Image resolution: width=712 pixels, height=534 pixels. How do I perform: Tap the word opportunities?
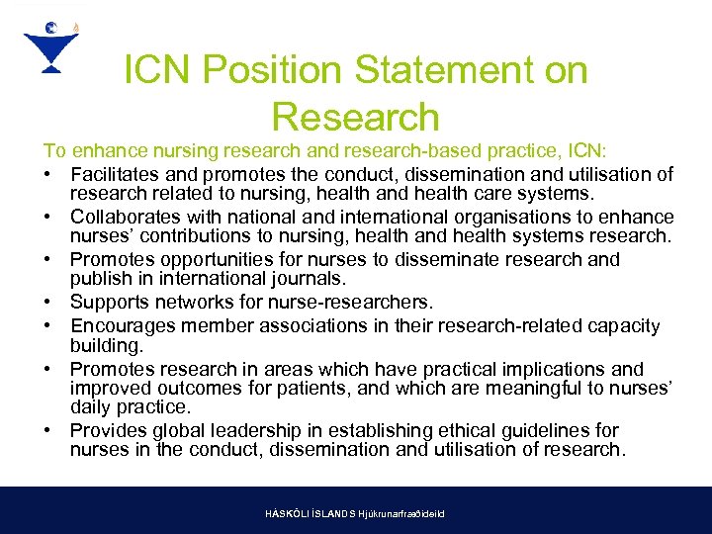click(x=217, y=260)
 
